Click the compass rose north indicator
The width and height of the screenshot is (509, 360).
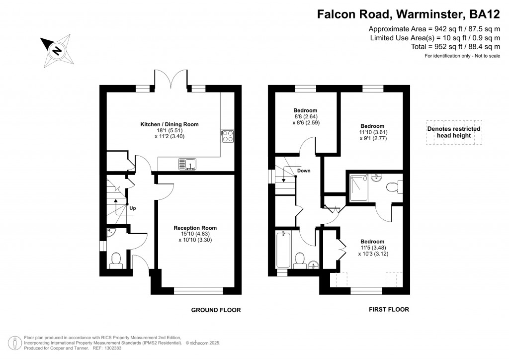coord(57,51)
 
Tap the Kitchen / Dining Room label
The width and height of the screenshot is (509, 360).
coord(170,124)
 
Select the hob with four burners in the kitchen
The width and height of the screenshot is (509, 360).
coord(227,136)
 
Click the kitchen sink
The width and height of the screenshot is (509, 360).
coord(187,164)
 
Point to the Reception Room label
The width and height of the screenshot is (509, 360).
coord(195,228)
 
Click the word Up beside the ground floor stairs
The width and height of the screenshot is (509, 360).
coord(132,208)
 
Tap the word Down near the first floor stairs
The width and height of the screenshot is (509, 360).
coord(304,171)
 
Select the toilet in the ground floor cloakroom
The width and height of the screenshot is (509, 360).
coord(116,261)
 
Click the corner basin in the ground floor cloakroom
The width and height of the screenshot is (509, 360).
coord(110,232)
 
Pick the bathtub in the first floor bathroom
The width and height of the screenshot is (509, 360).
coord(283,250)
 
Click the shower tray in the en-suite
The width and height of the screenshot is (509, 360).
coord(359,188)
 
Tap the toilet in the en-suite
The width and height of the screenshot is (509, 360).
coord(394,187)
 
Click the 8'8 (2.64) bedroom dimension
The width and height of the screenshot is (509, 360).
coord(306,116)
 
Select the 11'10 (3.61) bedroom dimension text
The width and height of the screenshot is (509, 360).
coord(373,132)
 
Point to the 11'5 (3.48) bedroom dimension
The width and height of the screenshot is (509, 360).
coord(373,248)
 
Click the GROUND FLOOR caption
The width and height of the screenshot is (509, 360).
coord(216,310)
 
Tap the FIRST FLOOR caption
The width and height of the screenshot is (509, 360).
coord(389,310)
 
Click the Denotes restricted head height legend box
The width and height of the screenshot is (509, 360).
coord(454,132)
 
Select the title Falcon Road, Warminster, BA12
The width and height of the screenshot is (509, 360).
coord(409,14)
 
